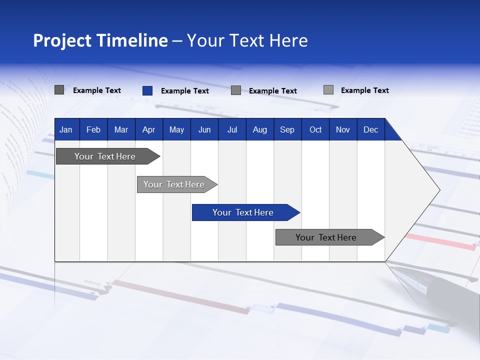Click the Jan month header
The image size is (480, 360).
66,129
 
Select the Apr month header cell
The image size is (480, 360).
148,129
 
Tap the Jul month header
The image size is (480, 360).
232,129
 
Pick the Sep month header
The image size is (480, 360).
287,129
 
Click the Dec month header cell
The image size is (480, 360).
370,129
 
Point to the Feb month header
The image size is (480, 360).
93,129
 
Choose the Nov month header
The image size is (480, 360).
343,129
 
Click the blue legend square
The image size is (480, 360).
147,90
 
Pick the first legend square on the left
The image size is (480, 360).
59,90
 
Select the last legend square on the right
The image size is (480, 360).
328,90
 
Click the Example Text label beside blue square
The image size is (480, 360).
185,91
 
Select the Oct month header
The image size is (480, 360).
315,129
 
